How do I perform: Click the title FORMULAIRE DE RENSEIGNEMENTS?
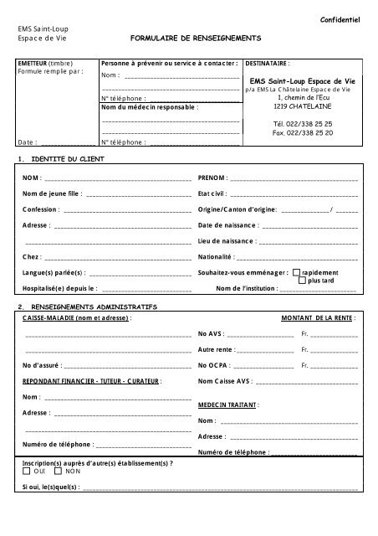point(196,39)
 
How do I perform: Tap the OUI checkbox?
point(28,472)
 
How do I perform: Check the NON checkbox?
point(59,472)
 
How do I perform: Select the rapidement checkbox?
point(296,273)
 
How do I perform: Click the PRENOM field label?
point(212,178)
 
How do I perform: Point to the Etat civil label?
point(214,194)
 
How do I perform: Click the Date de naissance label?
point(227,225)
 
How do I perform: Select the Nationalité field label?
point(218,257)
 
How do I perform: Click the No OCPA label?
point(212,365)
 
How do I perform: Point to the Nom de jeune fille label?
point(52,194)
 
